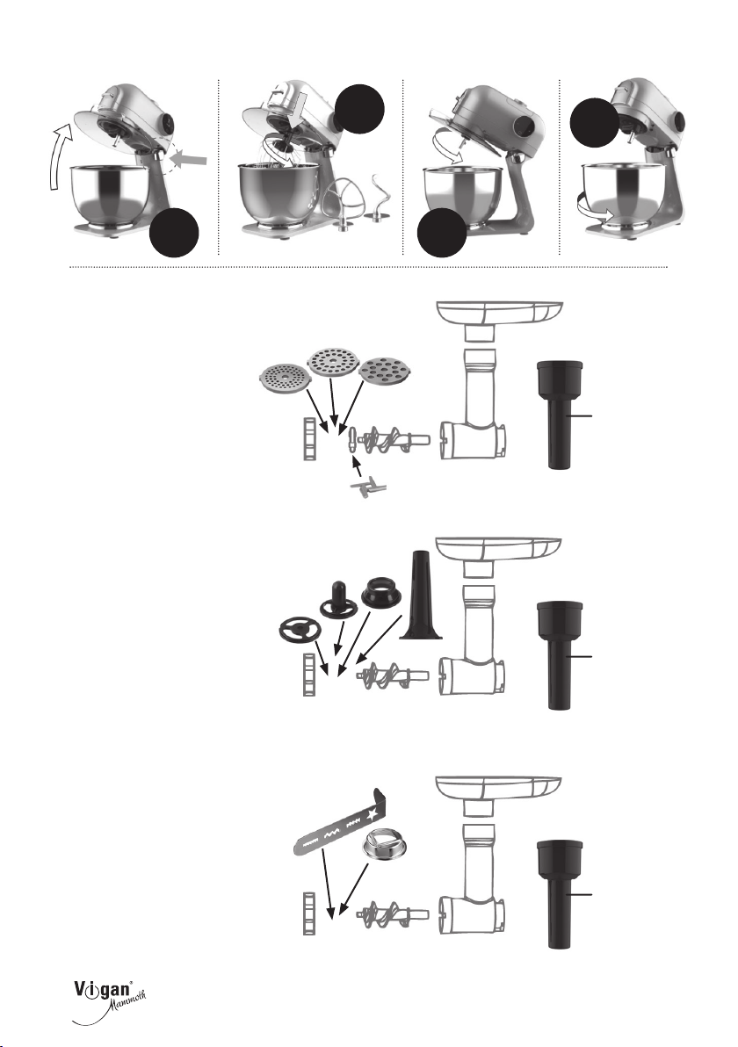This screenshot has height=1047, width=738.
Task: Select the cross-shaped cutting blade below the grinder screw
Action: (365, 491)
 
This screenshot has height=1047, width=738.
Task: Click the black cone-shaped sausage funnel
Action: (421, 596)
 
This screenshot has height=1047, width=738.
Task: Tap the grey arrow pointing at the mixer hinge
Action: (193, 159)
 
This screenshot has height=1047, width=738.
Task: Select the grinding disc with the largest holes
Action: (383, 372)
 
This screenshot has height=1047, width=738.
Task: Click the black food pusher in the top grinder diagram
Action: (560, 414)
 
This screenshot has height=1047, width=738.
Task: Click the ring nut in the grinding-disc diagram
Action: (309, 439)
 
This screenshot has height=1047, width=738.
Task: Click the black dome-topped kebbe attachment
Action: (337, 600)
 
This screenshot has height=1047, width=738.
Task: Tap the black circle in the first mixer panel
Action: (174, 232)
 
